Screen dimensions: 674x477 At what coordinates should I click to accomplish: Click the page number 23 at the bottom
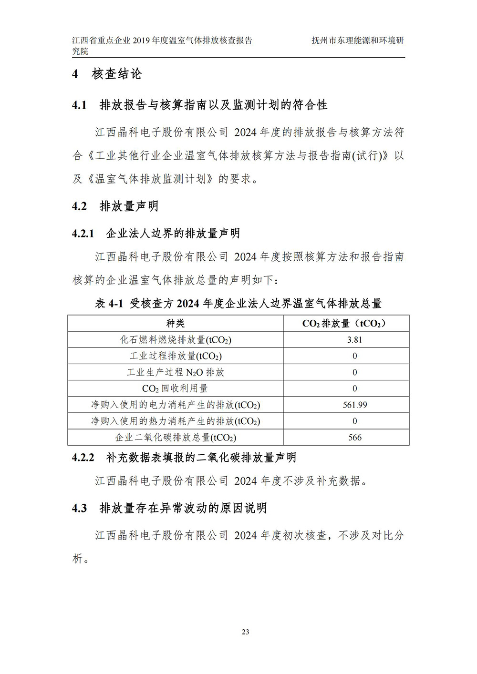tap(245, 632)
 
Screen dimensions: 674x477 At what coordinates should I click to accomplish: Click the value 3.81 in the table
tap(354, 340)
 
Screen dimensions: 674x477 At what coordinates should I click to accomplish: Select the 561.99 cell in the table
tap(355, 405)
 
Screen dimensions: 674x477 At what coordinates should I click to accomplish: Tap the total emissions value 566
tap(355, 437)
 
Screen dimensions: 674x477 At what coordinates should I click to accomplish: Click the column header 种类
tap(175, 323)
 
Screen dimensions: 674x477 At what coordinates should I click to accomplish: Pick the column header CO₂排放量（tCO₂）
tap(346, 323)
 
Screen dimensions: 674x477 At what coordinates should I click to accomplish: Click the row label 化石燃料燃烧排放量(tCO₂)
tap(176, 340)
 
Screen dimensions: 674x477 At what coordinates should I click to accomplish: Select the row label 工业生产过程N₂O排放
tap(176, 372)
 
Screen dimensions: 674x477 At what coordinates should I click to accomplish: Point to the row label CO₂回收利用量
tap(175, 388)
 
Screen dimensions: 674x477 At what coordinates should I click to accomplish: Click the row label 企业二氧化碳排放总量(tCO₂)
tap(176, 437)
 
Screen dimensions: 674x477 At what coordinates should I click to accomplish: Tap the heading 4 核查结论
tap(107, 74)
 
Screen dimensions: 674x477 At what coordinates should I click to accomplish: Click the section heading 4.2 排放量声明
tap(115, 206)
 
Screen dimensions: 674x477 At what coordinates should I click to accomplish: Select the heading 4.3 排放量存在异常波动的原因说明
tap(169, 508)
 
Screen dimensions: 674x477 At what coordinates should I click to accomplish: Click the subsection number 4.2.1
tap(83, 234)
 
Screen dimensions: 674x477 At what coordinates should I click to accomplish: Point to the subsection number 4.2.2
tap(83, 458)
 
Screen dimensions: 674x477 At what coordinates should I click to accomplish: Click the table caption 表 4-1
tap(109, 303)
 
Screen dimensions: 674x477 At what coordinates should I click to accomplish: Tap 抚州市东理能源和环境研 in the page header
tap(357, 41)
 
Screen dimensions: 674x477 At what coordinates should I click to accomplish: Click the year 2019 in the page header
tap(141, 41)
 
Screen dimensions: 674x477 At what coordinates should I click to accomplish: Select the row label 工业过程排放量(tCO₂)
tap(176, 356)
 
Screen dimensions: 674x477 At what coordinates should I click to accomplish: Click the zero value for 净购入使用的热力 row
tap(355, 421)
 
